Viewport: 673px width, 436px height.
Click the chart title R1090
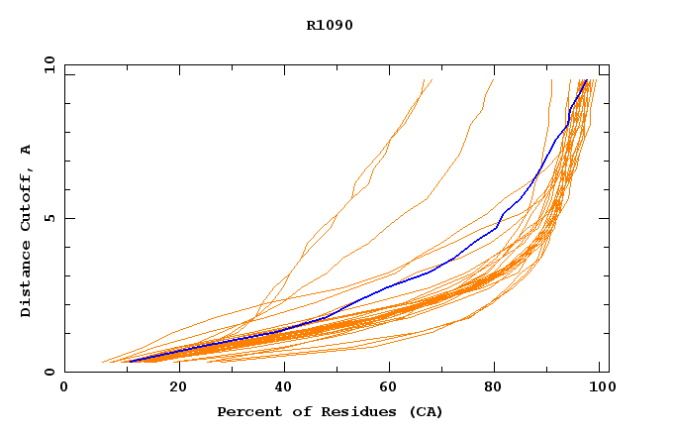pos(330,25)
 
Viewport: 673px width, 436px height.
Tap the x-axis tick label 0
pos(64,387)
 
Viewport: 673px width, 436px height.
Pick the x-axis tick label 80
pos(493,387)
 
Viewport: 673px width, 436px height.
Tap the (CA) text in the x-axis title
pos(424,411)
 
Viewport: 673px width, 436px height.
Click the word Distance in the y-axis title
pos(27,280)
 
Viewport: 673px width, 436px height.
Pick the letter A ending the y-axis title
pos(27,150)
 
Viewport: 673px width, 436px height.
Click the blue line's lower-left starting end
pos(129,362)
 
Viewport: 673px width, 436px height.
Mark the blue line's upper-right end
pos(586,80)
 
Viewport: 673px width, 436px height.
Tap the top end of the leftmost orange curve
pos(423,80)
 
